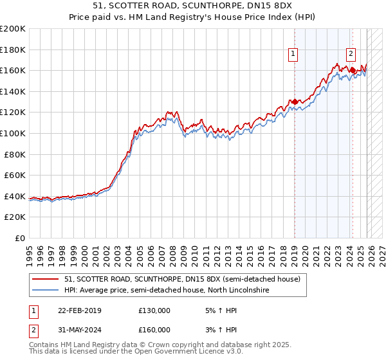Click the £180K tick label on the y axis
(x=13, y=50)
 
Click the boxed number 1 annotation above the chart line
(x=293, y=54)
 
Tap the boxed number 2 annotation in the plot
(x=352, y=54)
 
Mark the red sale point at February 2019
(x=295, y=102)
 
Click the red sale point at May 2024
(x=353, y=70)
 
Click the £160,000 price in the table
(x=154, y=330)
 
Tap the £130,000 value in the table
(x=154, y=310)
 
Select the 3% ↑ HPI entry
(x=219, y=330)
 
